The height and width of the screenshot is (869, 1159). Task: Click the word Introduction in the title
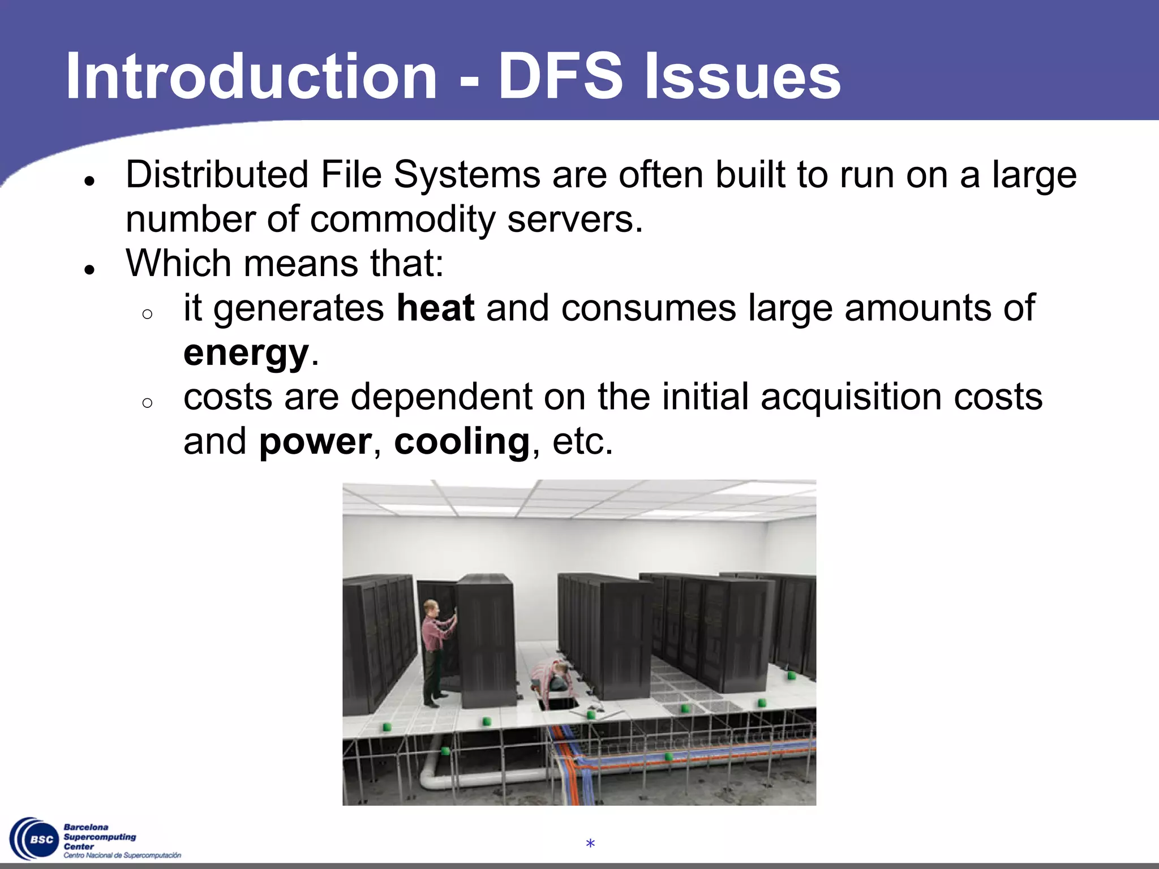coord(251,76)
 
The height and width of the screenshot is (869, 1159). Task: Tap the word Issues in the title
coord(742,76)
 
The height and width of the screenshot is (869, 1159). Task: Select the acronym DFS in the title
coord(560,76)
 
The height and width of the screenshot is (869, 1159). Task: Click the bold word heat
coord(435,308)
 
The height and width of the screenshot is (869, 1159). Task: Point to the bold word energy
coord(246,354)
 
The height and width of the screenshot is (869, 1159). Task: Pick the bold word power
coord(315,442)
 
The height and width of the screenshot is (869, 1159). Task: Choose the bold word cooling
coord(462,442)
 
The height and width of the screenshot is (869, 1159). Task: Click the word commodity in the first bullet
coord(402,220)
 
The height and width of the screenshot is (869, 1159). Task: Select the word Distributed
coord(217,175)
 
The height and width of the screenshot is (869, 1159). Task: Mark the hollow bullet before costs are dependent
coord(148,403)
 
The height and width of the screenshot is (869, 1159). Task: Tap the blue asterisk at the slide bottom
coord(590,844)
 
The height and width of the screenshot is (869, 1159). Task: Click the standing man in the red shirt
coord(434,651)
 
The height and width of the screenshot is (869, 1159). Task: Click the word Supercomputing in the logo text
coord(100,837)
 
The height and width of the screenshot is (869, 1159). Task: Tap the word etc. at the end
coord(583,442)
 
